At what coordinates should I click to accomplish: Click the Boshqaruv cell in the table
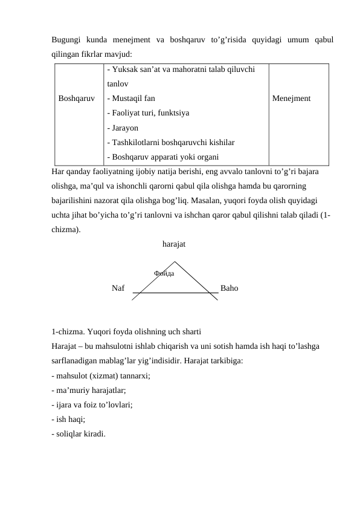coord(77,97)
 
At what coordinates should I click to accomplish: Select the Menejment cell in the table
coord(292,97)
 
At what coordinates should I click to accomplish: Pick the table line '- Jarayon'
coord(122,128)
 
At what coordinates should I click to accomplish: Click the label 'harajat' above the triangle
coord(174,245)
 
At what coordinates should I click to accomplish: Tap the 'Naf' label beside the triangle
coord(118,288)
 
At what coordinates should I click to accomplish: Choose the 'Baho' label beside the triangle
coord(230,288)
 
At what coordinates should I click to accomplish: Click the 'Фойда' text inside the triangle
coord(164,274)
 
